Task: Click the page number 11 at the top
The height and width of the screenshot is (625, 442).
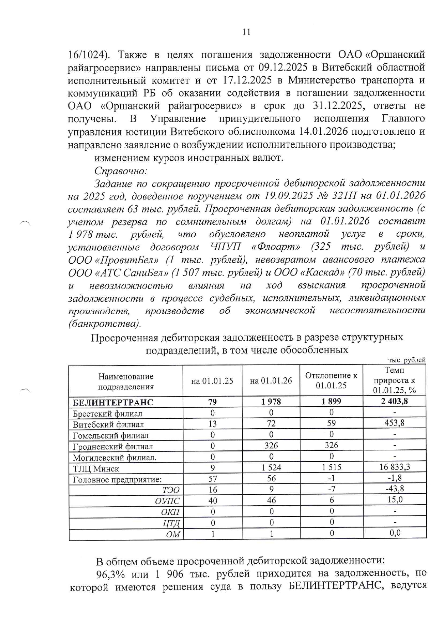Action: tap(246, 32)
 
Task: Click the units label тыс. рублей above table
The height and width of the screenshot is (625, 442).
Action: tap(407, 360)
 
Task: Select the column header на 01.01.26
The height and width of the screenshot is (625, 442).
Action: tap(271, 381)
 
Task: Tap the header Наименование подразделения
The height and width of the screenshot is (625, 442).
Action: tap(125, 381)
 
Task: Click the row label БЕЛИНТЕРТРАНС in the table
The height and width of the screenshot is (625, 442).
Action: tap(113, 402)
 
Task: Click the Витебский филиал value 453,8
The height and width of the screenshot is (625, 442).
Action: tap(394, 423)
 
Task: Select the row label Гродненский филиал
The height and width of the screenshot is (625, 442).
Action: tap(113, 446)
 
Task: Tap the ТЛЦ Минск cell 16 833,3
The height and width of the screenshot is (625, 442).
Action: tap(394, 467)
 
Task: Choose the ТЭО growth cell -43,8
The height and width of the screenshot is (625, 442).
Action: tap(394, 489)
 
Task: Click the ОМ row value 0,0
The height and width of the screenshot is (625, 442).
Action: tap(394, 533)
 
